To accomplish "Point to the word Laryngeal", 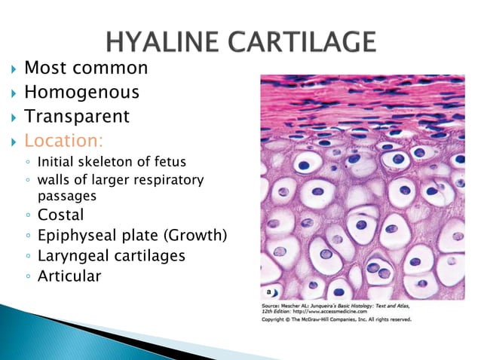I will point(73,256).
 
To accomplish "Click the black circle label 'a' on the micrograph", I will point(269,291).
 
